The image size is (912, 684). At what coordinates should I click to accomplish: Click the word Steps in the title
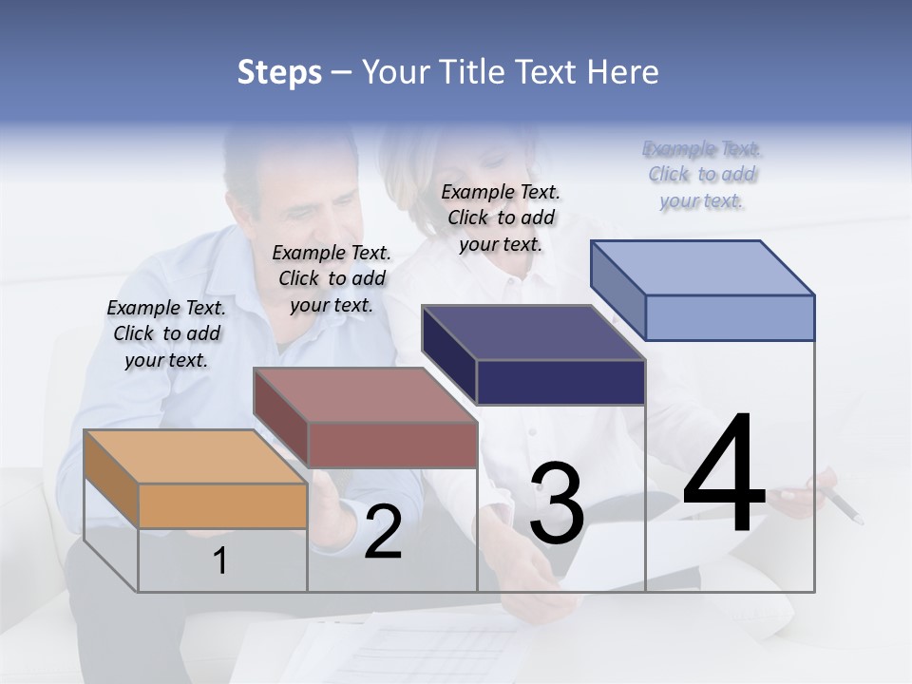click(x=279, y=72)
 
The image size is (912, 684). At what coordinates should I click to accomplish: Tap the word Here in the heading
click(x=622, y=72)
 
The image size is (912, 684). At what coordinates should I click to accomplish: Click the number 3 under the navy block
click(x=557, y=503)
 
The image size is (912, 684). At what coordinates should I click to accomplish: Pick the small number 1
click(x=220, y=560)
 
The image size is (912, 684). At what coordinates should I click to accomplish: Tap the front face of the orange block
click(x=222, y=505)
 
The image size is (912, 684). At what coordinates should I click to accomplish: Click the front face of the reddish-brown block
click(x=392, y=444)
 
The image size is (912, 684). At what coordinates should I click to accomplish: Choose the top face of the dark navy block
click(x=533, y=332)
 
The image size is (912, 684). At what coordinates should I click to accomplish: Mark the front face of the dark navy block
click(x=560, y=382)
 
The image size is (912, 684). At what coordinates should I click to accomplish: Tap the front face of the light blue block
click(x=730, y=317)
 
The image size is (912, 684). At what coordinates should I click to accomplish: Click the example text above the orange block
click(x=166, y=333)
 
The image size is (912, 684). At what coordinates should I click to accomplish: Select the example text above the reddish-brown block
click(x=332, y=278)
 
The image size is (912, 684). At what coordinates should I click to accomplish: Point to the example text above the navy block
click(x=501, y=218)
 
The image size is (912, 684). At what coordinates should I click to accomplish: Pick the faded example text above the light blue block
click(x=702, y=174)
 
